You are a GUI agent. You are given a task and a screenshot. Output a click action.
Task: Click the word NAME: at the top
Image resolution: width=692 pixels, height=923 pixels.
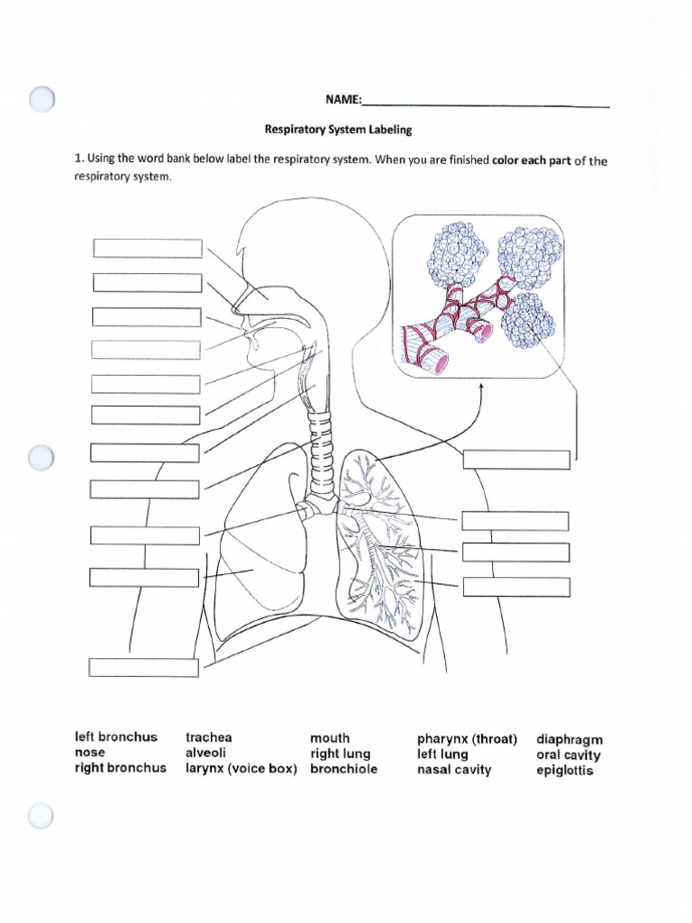[343, 100]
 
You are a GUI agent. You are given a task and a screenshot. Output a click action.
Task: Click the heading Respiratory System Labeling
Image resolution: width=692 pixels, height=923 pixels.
[338, 130]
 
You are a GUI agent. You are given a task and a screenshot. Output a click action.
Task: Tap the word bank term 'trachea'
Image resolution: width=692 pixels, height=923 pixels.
[208, 737]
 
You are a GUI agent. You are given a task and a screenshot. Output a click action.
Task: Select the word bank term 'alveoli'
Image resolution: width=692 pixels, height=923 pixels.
[206, 753]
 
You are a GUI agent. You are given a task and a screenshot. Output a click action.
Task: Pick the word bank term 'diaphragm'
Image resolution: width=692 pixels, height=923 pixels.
[569, 739]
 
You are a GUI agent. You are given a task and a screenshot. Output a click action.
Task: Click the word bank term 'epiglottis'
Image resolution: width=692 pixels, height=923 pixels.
[565, 771]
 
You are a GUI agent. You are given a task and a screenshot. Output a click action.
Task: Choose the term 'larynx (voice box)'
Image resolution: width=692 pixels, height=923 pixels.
[241, 769]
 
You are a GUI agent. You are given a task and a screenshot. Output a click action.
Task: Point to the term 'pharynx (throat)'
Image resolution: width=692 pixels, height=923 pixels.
[467, 738]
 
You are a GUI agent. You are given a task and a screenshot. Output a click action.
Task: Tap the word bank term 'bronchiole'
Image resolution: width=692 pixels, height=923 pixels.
[344, 769]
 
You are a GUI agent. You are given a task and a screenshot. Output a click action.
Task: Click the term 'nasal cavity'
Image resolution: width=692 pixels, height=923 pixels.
[454, 770]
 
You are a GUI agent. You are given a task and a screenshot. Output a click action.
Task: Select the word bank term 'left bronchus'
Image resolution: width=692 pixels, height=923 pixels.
[115, 737]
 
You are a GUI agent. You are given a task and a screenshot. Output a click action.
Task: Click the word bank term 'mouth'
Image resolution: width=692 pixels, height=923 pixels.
[330, 737]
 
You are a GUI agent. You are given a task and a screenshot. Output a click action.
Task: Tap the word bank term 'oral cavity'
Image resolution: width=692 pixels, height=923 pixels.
[569, 755]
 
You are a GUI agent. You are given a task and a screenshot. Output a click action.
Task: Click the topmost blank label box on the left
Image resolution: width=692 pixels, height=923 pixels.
[147, 249]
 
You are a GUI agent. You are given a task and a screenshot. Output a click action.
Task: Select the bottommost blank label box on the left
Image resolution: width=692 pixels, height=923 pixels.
[143, 667]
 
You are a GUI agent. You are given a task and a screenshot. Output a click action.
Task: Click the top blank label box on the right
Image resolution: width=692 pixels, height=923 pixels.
[516, 460]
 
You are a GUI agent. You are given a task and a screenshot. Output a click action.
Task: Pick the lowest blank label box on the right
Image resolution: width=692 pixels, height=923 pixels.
[516, 588]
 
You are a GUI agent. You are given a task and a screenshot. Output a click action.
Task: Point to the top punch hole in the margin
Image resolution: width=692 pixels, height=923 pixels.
[41, 99]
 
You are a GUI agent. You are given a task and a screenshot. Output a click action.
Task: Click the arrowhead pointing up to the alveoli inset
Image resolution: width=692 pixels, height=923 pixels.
[481, 386]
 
